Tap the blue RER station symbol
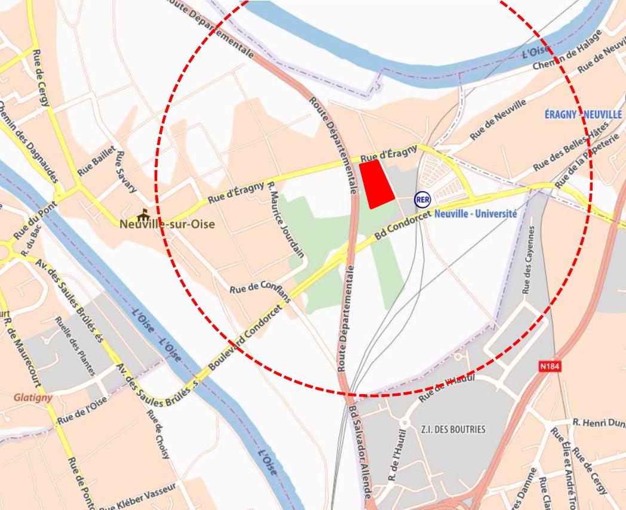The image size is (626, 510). tap(422, 199)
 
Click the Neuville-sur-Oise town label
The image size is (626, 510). tap(166, 225)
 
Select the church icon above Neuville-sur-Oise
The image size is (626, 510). tap(143, 214)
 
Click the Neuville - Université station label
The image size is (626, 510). tap(475, 213)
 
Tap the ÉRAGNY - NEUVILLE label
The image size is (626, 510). tap(584, 114)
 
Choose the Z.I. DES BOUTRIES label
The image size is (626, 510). tap(453, 429)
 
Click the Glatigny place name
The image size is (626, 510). tap(33, 397)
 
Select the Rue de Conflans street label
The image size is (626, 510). tap(260, 290)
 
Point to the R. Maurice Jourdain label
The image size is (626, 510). tap(286, 219)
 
